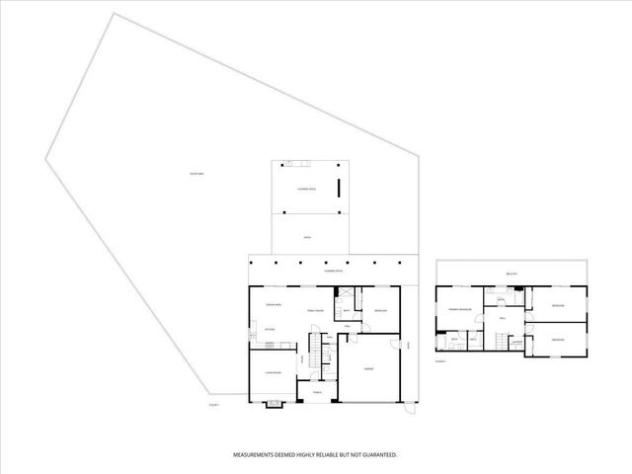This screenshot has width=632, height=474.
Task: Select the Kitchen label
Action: [269, 329]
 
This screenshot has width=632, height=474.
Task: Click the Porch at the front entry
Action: [317, 393]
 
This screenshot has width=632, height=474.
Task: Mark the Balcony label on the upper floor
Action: [512, 274]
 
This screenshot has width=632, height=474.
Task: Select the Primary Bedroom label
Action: [460, 310]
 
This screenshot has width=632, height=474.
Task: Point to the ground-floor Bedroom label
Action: [380, 310]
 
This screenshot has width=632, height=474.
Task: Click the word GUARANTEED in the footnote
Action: [377, 455]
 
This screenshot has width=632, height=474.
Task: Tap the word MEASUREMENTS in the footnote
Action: [255, 455]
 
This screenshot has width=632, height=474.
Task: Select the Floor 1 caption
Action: [213, 404]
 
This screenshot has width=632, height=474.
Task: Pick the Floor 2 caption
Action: [440, 361]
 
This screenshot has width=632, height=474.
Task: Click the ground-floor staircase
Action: [315, 351]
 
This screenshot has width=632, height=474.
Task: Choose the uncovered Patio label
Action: [308, 238]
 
